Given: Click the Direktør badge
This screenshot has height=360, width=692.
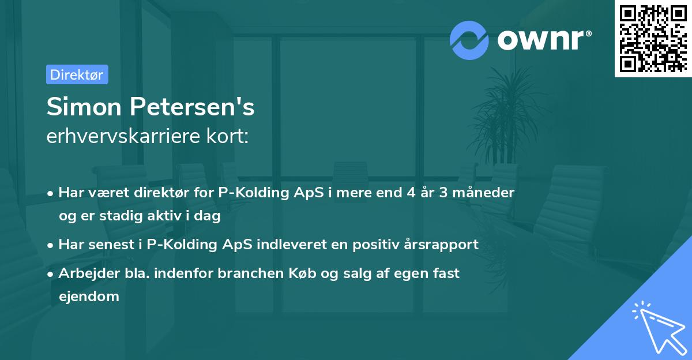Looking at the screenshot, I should [77, 74].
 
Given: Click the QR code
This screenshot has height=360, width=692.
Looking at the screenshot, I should [653, 38].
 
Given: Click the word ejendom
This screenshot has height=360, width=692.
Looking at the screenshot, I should [89, 297].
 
